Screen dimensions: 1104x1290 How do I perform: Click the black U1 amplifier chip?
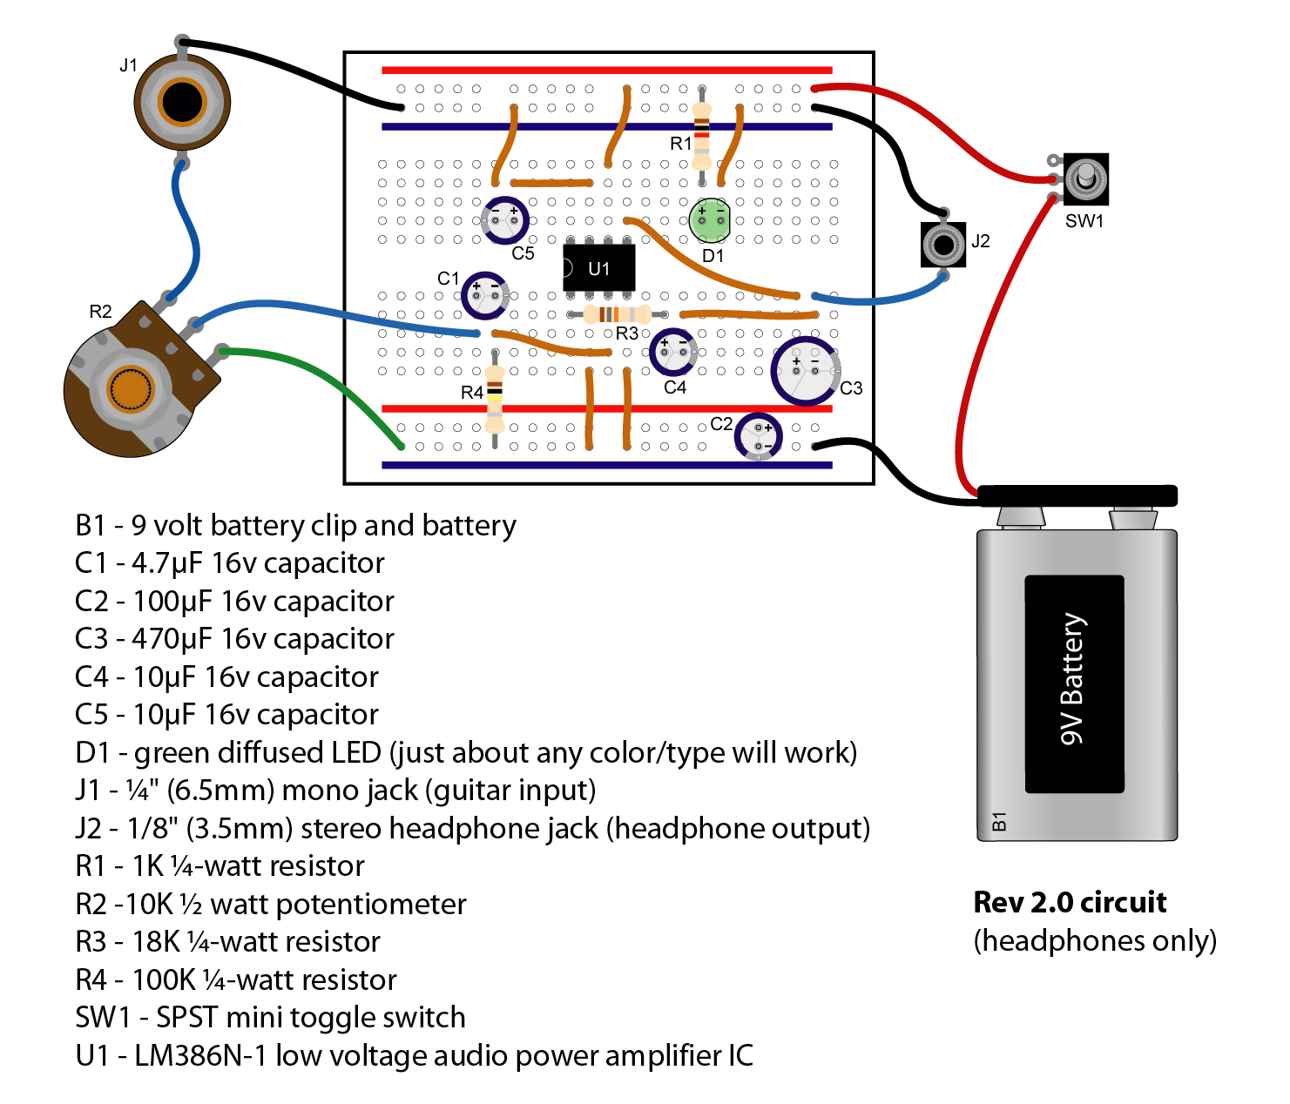pyautogui.click(x=598, y=268)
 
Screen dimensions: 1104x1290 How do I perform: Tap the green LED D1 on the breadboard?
pyautogui.click(x=710, y=220)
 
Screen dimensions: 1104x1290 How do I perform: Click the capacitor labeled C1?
pyautogui.click(x=484, y=296)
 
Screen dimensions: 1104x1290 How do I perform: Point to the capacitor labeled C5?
pyautogui.click(x=504, y=220)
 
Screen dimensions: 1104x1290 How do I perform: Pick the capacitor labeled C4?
pyautogui.click(x=672, y=352)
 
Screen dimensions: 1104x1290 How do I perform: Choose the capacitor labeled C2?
pyautogui.click(x=758, y=436)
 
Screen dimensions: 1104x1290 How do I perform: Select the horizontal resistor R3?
pyautogui.click(x=617, y=314)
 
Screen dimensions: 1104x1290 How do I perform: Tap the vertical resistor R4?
pyautogui.click(x=494, y=399)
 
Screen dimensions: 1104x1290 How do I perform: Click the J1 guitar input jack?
pyautogui.click(x=182, y=102)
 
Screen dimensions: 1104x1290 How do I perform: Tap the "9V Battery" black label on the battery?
pyautogui.click(x=1074, y=683)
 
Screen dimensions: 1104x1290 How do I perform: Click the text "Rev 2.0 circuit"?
pyautogui.click(x=1069, y=902)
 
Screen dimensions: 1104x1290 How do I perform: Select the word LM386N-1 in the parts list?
pyautogui.click(x=199, y=1055)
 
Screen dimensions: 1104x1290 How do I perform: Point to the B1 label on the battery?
pyautogui.click(x=999, y=821)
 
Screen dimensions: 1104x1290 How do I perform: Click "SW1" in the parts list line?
pyautogui.click(x=103, y=1017)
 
